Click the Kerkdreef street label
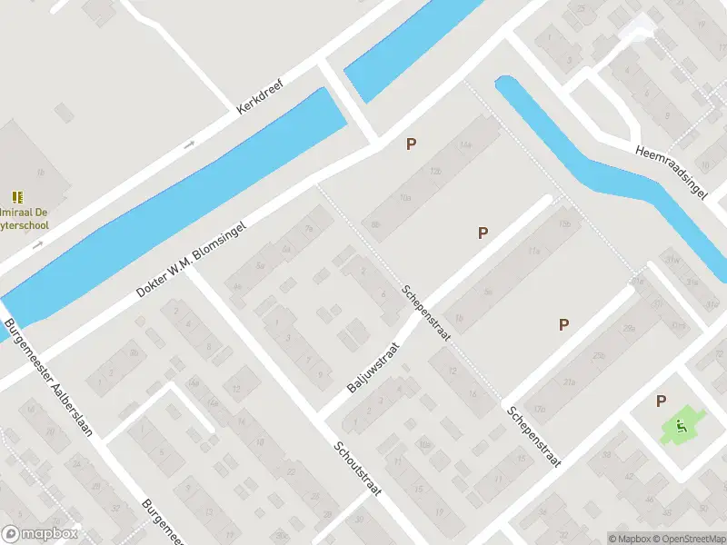(x=260, y=95)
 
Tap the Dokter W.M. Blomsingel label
(x=192, y=258)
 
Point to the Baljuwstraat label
(x=373, y=367)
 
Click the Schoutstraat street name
(x=356, y=468)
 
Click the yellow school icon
(x=17, y=197)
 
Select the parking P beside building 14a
(x=412, y=144)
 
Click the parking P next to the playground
(x=661, y=401)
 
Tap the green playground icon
(x=681, y=424)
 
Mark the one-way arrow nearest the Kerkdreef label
(x=190, y=144)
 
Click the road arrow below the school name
(x=38, y=244)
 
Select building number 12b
(x=436, y=171)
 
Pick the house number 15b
(x=564, y=223)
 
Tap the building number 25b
(x=598, y=355)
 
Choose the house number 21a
(x=570, y=382)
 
